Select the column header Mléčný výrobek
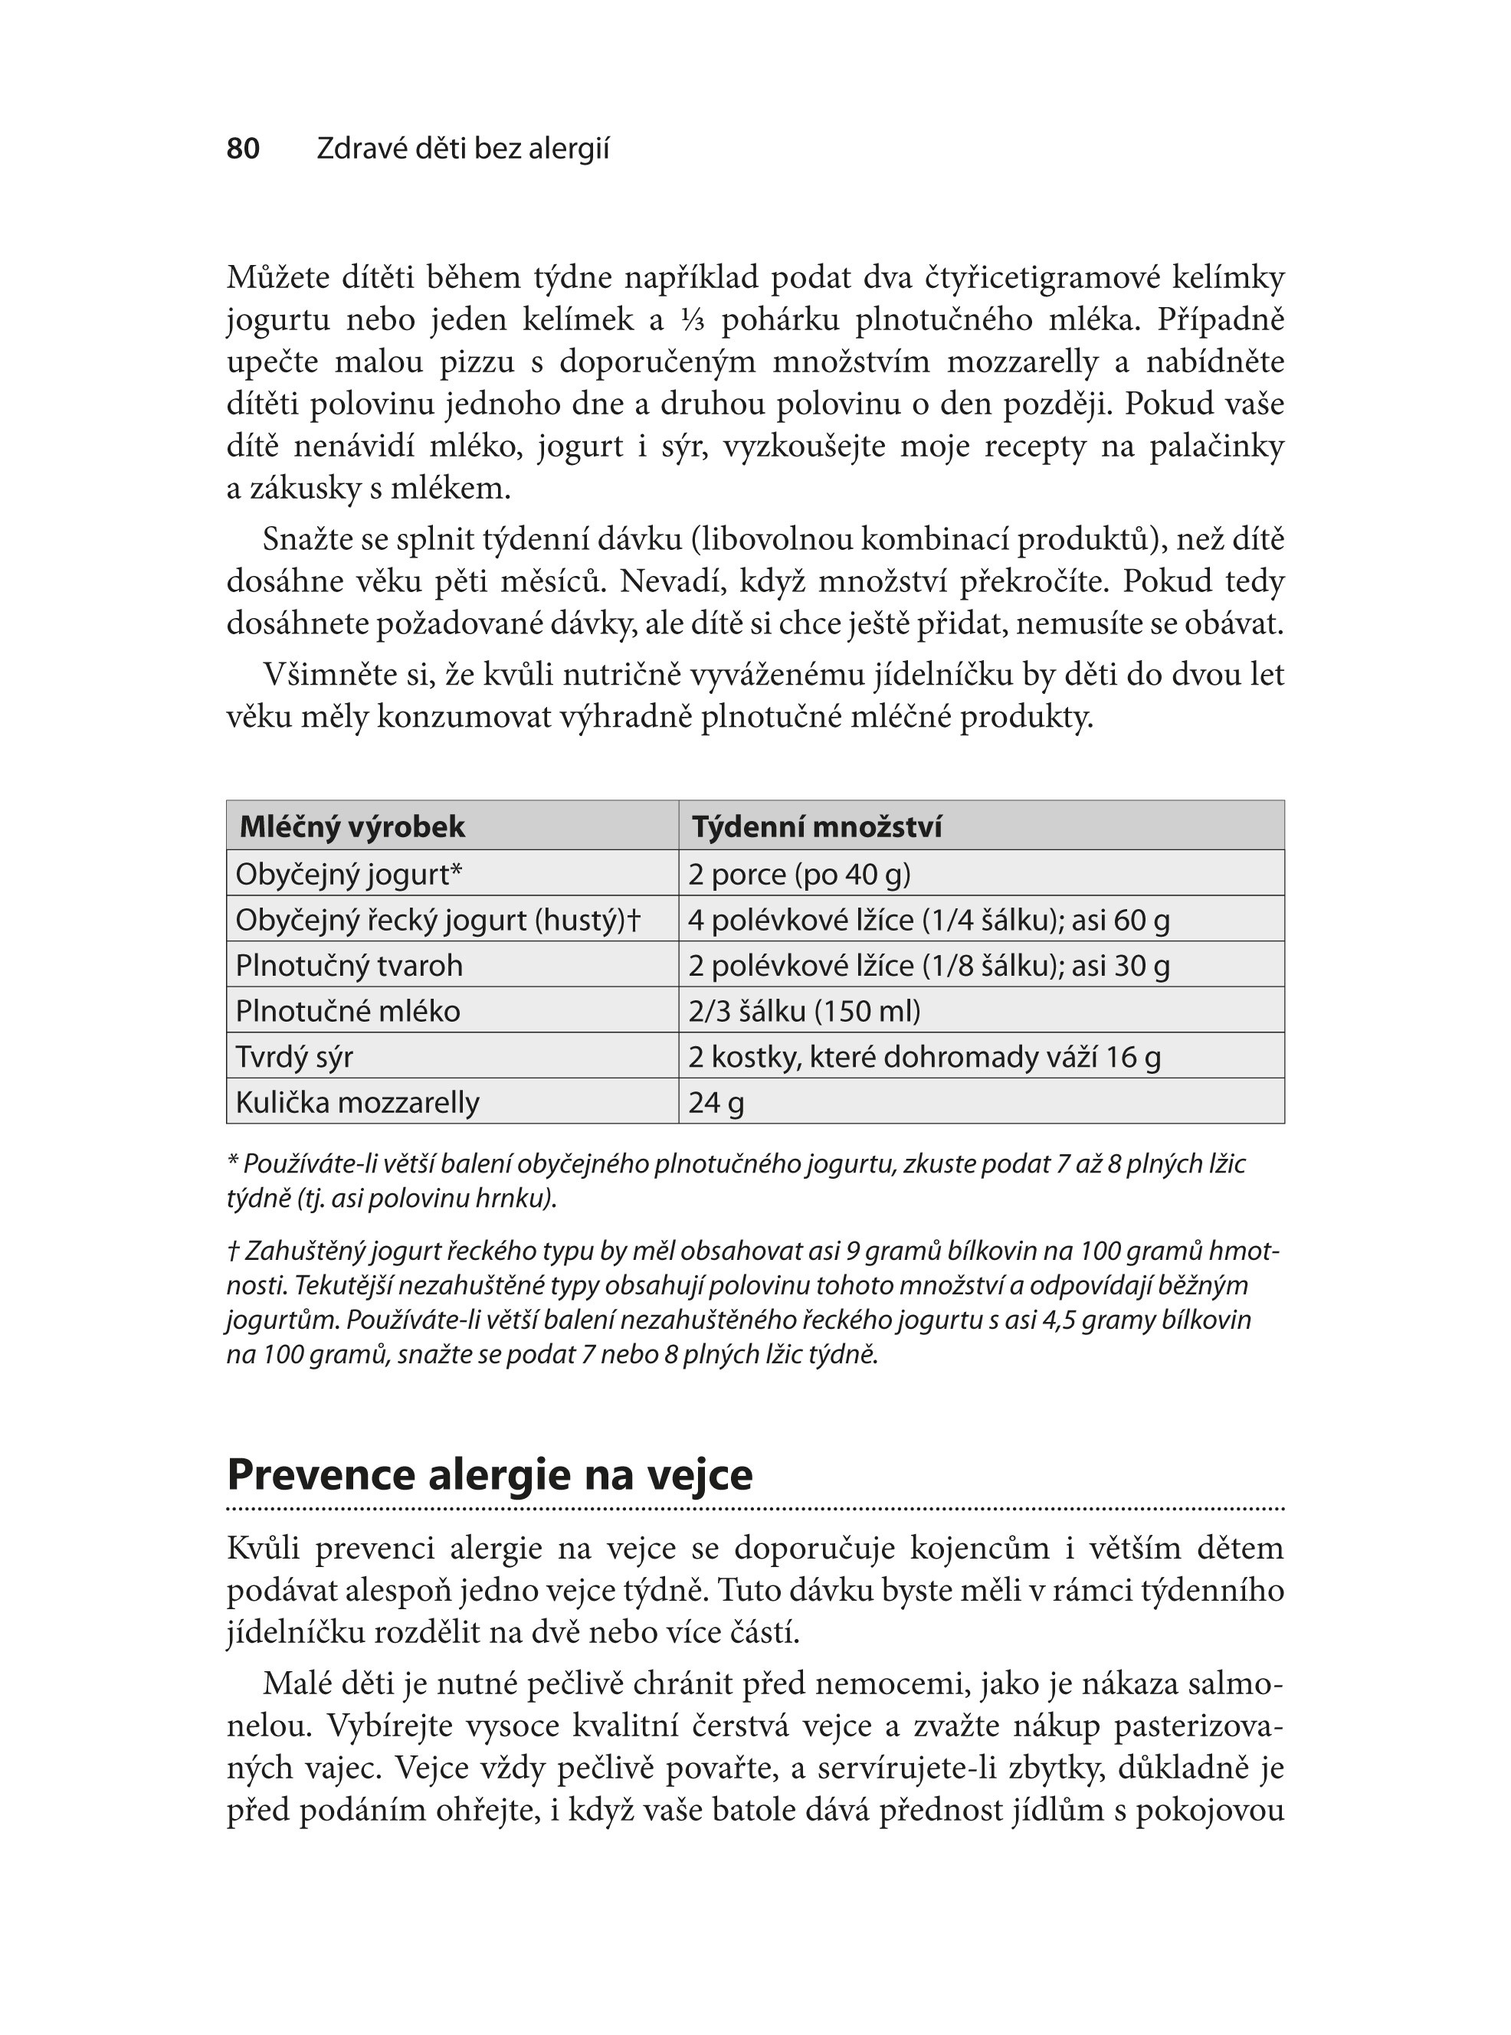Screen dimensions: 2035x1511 [x=352, y=826]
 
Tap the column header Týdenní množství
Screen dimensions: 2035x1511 [x=817, y=826]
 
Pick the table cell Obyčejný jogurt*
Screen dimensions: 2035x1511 [x=349, y=874]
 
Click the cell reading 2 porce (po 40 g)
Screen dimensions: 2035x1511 [x=799, y=874]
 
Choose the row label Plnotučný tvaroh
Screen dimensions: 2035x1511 [x=349, y=965]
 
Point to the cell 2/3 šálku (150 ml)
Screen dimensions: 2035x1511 [x=805, y=1011]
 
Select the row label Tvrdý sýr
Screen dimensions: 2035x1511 [x=294, y=1057]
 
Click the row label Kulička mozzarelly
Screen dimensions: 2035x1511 [x=358, y=1103]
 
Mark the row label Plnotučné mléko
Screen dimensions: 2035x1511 [x=349, y=1011]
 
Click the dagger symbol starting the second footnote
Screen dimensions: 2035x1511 [x=232, y=1251]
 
